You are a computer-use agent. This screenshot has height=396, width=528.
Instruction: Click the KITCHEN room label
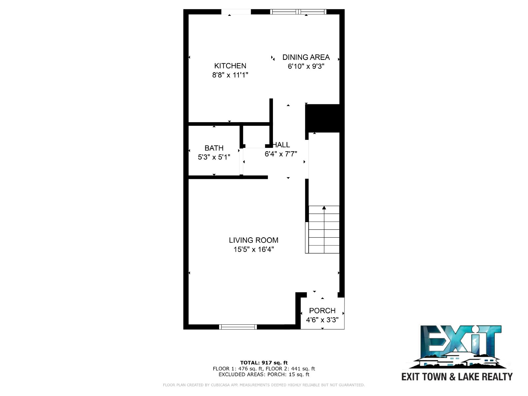[230, 66]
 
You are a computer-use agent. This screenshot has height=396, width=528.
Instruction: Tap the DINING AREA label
[306, 57]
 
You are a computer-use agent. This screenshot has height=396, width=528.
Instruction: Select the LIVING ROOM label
[253, 240]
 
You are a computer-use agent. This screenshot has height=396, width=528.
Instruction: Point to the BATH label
[214, 148]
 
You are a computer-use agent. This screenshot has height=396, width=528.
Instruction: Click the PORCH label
[322, 311]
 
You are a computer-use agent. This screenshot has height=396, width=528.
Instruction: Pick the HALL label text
[281, 145]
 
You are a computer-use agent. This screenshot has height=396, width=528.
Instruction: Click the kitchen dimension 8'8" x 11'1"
[230, 75]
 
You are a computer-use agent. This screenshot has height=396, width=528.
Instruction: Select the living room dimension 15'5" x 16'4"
[253, 249]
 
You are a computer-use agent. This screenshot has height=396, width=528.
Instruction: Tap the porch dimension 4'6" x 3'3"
[322, 320]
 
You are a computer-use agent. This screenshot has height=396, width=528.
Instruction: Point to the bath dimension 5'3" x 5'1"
[214, 157]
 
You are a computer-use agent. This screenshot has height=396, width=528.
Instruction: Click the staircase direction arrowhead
[324, 208]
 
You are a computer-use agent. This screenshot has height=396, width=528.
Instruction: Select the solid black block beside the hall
[322, 118]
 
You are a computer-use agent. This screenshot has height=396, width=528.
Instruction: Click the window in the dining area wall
[298, 12]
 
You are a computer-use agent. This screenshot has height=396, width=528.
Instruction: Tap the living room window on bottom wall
[238, 327]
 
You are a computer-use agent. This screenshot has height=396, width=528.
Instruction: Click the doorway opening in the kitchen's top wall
[236, 12]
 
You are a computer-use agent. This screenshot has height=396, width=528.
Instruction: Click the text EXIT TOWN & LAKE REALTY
[457, 377]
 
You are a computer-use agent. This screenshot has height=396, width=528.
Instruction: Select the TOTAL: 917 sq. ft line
[264, 363]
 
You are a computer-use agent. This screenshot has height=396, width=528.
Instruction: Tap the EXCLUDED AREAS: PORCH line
[264, 374]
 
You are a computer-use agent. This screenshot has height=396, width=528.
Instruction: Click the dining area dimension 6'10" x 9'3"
[306, 66]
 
